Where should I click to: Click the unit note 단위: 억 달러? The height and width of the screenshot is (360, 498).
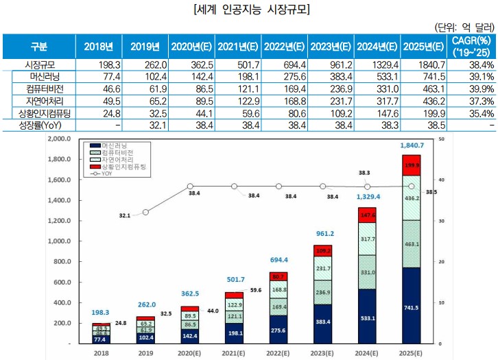click(464, 27)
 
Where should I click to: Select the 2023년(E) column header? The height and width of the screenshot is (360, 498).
click(331, 47)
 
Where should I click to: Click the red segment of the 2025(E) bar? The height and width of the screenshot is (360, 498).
click(411, 165)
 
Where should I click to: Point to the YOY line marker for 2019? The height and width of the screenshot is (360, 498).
click(145, 212)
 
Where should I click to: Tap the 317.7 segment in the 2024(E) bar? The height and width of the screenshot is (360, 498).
click(368, 239)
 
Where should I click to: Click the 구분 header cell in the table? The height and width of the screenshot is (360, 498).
click(38, 47)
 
